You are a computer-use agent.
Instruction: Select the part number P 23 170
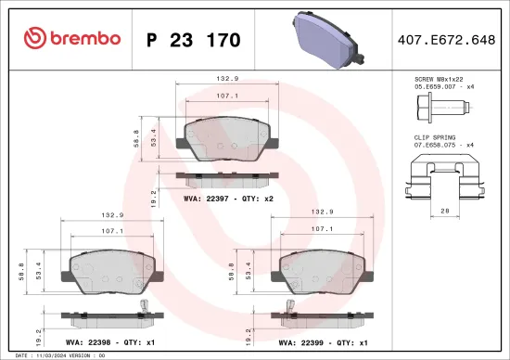pos(194,40)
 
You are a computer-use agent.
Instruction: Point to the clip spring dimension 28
pos(445,212)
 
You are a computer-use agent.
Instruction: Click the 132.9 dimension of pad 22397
pos(229,80)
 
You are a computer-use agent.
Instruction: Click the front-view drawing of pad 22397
pos(228,137)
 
